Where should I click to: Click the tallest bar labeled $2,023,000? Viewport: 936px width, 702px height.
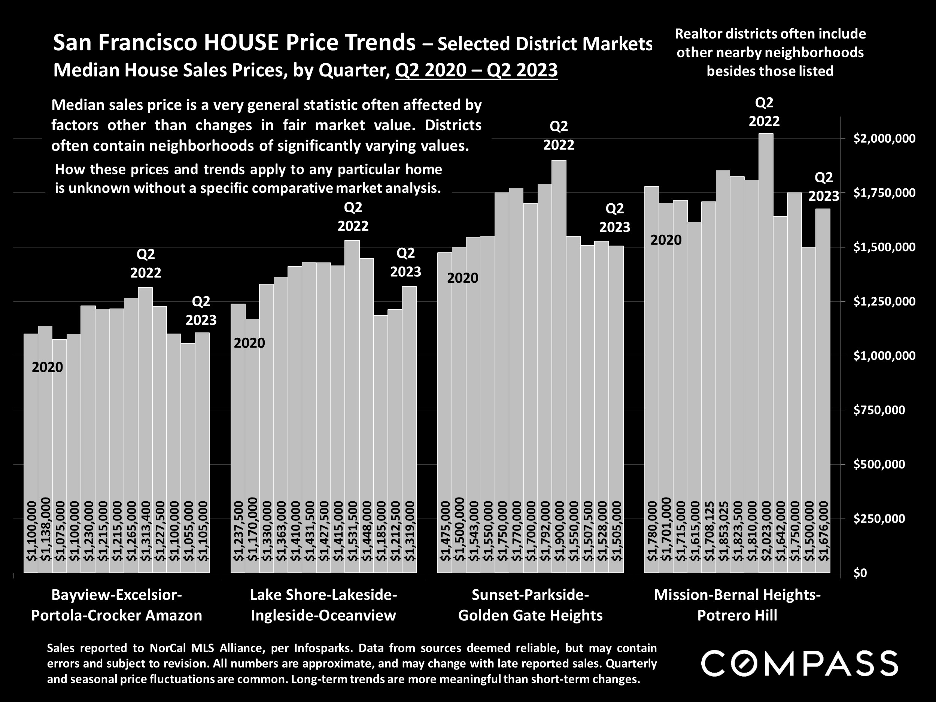(x=766, y=338)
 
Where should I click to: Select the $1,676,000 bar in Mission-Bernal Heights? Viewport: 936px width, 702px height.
(x=823, y=381)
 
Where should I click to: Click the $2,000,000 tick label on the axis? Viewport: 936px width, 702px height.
(x=878, y=139)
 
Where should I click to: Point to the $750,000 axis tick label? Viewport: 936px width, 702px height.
(x=878, y=410)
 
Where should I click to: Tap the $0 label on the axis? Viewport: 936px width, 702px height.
(x=860, y=572)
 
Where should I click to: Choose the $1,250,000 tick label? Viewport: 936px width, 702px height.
(x=878, y=301)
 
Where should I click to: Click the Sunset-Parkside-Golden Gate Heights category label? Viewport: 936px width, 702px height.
(x=530, y=605)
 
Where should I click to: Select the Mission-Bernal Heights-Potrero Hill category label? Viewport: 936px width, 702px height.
(x=737, y=605)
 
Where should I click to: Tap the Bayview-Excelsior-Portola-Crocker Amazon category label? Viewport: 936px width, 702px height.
(x=117, y=605)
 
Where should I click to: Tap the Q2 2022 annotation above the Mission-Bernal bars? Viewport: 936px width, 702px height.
(x=764, y=112)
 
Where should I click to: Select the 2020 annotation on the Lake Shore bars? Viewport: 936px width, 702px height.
(x=249, y=343)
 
